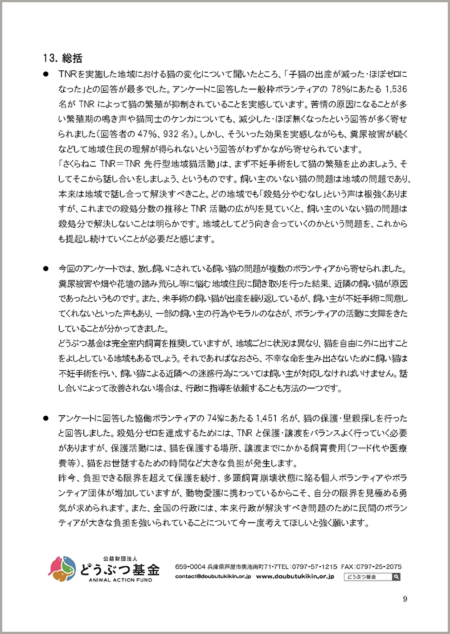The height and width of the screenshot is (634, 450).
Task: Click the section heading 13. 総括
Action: [63, 58]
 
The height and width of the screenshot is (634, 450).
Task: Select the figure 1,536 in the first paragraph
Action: [396, 89]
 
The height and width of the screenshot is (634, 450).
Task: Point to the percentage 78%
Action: [341, 89]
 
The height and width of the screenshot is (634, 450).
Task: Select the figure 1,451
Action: [266, 418]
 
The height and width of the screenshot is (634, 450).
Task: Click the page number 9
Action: [405, 599]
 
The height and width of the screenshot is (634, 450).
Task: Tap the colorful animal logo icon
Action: [62, 569]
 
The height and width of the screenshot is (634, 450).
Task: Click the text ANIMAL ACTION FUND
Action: [120, 580]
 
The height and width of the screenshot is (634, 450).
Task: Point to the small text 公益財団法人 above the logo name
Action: [120, 558]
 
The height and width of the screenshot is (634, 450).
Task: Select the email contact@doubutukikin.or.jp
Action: [213, 577]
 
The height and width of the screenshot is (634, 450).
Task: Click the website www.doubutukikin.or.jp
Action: [295, 577]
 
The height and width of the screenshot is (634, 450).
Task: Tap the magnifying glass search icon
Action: [396, 577]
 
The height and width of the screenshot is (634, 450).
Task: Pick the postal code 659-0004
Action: [190, 567]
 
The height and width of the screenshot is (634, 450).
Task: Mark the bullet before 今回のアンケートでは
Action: [45, 269]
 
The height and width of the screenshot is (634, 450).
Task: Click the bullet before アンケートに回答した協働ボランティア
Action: [45, 418]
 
